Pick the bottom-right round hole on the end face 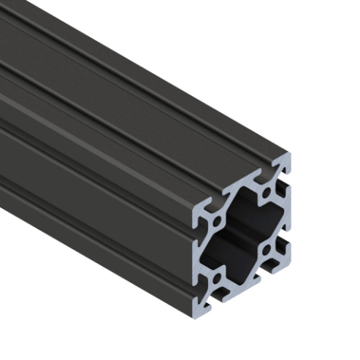[271, 251]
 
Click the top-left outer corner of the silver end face [194, 202]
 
